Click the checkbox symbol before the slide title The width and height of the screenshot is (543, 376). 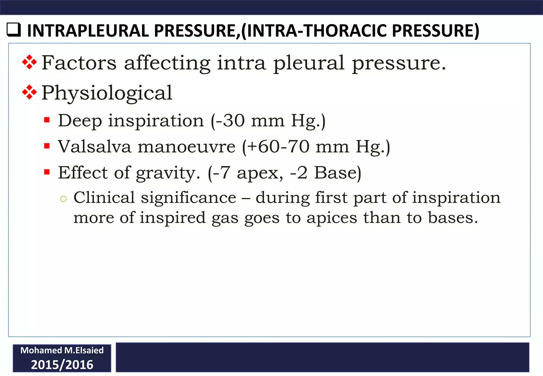(x=14, y=30)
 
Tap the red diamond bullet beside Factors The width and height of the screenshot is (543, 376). (x=29, y=62)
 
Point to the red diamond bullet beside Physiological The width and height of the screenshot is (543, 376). (x=29, y=92)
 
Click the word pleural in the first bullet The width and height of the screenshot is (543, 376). (x=309, y=64)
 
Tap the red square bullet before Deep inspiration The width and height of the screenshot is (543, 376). (x=47, y=120)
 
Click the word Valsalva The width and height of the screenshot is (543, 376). (x=95, y=147)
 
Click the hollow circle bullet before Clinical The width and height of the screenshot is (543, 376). (x=63, y=199)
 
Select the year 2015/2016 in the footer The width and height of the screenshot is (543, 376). (x=62, y=365)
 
